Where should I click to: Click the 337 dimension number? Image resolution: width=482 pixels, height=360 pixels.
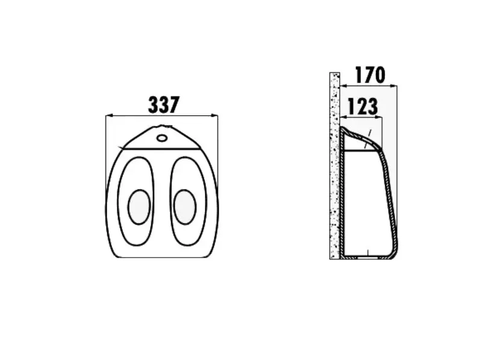[x=163, y=105]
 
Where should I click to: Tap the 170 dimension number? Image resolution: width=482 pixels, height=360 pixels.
[x=370, y=75]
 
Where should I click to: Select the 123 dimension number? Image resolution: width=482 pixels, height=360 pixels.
[x=363, y=107]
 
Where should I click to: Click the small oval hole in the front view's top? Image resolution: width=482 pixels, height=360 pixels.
[x=162, y=138]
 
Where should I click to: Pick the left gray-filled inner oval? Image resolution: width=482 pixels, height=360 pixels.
[x=139, y=206]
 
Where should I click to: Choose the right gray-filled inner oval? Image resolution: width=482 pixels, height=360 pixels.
[x=185, y=206]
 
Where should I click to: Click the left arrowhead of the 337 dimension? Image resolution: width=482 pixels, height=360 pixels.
[x=108, y=116]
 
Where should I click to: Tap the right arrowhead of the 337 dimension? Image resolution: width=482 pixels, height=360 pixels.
[x=214, y=116]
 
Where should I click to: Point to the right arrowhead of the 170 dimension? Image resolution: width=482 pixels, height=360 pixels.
[x=394, y=86]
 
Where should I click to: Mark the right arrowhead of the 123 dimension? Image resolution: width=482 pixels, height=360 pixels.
[x=380, y=117]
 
